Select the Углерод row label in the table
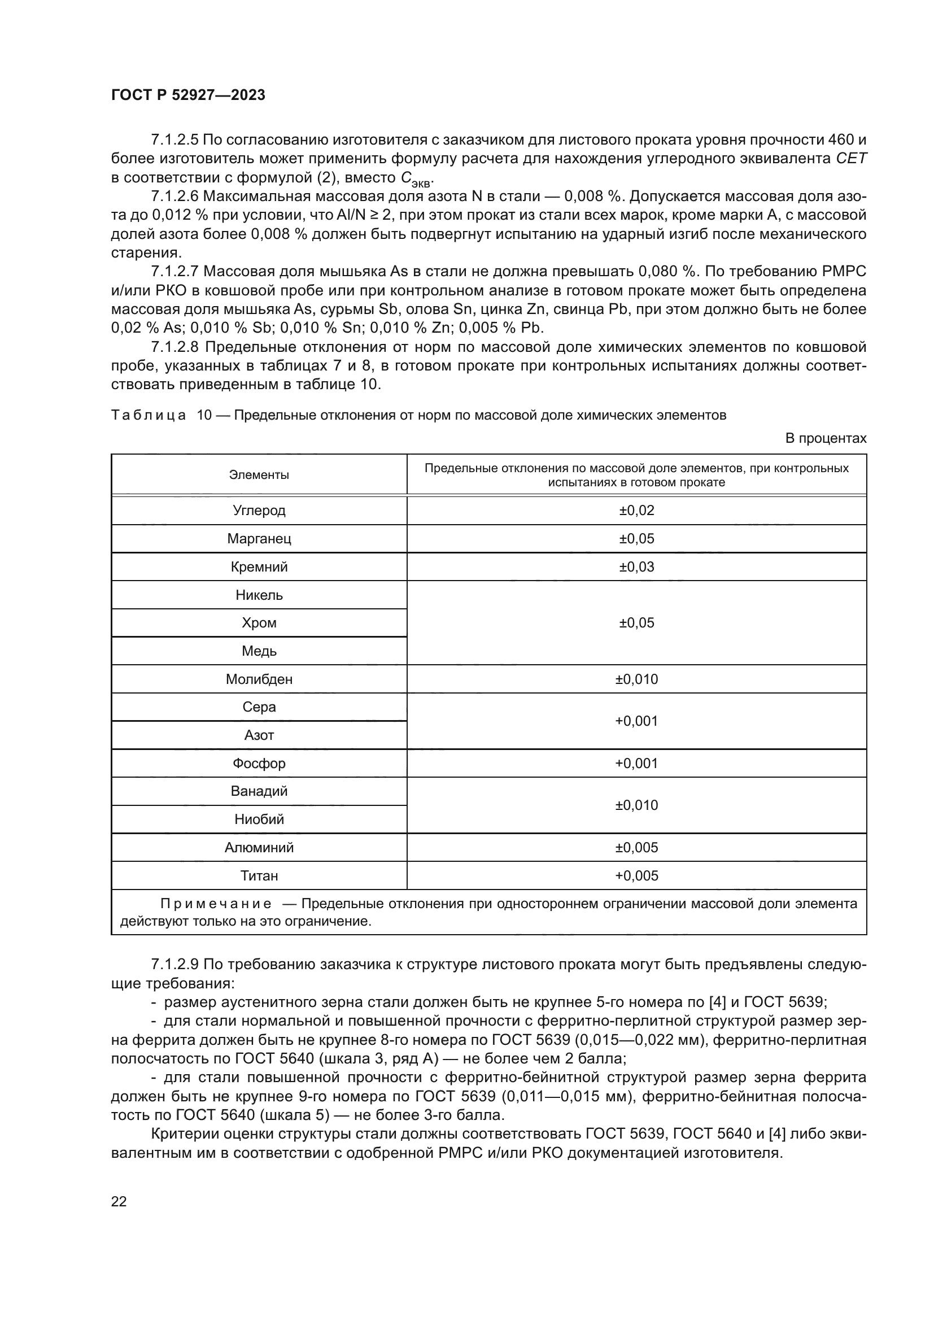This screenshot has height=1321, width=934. coord(259,511)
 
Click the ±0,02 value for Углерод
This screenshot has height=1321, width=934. coord(636,511)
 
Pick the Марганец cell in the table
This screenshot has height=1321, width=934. coord(259,539)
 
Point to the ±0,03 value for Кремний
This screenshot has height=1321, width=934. coord(636,566)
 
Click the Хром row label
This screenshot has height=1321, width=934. coord(259,623)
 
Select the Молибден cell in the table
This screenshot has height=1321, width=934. coord(259,679)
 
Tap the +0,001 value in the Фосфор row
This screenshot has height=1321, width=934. coord(636,763)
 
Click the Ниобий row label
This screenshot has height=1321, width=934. coord(259,819)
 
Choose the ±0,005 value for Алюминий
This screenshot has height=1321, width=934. coord(636,848)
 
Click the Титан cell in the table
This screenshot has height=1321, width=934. coord(259,876)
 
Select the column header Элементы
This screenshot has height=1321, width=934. coord(259,475)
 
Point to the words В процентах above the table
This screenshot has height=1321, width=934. coord(826,438)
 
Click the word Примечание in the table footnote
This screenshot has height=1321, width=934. coord(216,904)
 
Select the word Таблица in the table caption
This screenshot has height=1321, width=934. coord(148,416)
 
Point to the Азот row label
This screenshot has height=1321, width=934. coord(259,735)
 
